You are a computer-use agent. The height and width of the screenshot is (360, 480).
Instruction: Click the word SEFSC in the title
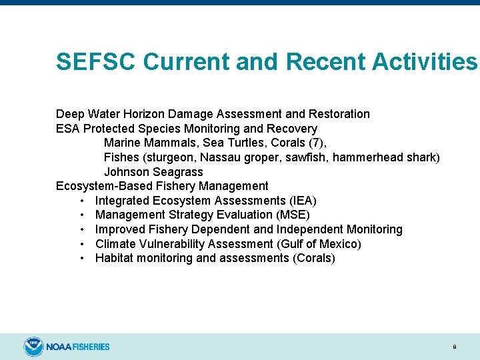coord(96,62)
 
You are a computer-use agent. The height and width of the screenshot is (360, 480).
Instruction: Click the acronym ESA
coord(68,129)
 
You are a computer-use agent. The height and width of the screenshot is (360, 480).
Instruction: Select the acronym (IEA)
coord(303,201)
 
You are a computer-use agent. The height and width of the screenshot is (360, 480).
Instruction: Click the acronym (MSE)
coord(293,215)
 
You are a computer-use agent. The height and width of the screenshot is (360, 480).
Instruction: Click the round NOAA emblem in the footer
coord(33,347)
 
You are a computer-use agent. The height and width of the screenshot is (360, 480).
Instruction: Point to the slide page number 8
coord(454,347)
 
